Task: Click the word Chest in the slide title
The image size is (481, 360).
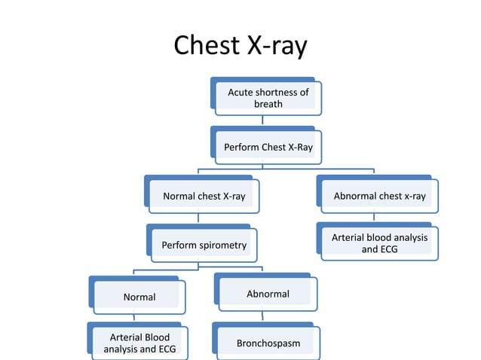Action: pos(209,47)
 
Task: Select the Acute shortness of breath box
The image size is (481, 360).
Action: pos(268,98)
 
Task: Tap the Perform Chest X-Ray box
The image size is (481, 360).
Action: pos(268,147)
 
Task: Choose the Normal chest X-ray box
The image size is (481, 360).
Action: pos(204,197)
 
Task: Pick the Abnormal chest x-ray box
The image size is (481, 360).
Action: pos(379,197)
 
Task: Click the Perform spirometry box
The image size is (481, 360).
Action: pos(204,245)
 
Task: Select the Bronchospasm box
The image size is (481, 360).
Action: pos(268,343)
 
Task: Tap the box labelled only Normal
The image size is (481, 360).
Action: pos(139,297)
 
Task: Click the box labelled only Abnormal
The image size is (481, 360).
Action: pos(268,294)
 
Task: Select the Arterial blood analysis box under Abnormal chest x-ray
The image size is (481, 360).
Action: pos(379,243)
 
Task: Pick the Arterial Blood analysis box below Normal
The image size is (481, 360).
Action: pos(139,343)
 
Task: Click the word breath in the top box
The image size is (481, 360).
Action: pos(268,104)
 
